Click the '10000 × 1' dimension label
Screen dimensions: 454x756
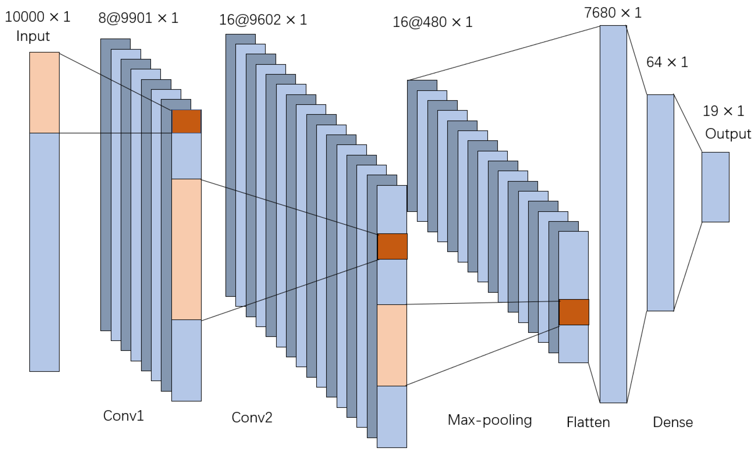point(38,17)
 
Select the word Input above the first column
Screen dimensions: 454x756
point(33,36)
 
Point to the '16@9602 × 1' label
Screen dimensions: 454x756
point(263,20)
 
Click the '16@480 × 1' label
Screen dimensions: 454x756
point(433,22)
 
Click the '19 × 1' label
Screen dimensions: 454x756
point(723,111)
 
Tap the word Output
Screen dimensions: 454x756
point(728,134)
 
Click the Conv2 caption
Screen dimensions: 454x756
point(252,417)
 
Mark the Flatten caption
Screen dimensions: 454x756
point(588,422)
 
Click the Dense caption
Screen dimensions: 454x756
point(673,422)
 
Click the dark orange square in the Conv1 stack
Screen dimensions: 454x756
point(186,121)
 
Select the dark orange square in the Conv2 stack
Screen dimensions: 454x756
point(392,246)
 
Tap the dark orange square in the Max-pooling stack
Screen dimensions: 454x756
point(574,312)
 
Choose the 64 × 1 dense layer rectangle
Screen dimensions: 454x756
point(660,203)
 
